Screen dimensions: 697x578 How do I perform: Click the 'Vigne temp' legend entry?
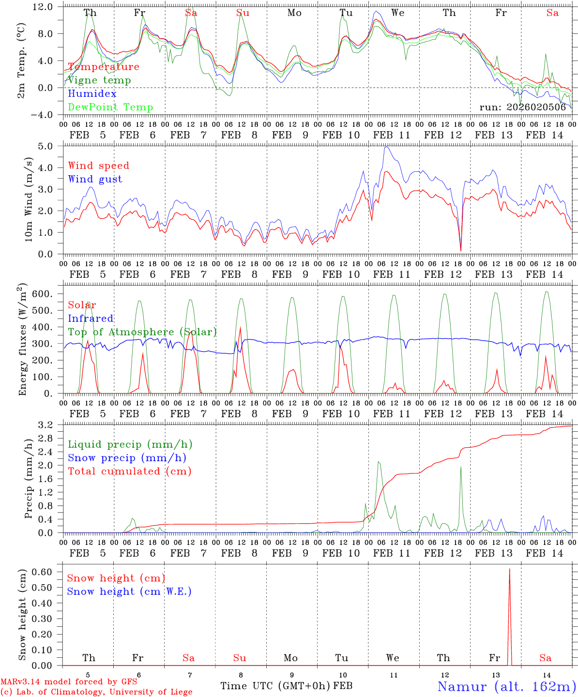pos(99,80)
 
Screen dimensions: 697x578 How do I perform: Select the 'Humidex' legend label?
pos(92,94)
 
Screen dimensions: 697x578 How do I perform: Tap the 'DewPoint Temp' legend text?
pos(110,107)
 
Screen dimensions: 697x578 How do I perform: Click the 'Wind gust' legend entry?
pos(95,179)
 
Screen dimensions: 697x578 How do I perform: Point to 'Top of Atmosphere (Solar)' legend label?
pos(142,332)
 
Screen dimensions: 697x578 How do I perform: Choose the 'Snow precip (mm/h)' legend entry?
pos(127,458)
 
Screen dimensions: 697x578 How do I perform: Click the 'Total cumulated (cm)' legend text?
pos(129,471)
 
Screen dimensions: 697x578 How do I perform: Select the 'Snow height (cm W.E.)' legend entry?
pos(129,591)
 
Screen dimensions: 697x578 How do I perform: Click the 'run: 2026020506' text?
pos(522,107)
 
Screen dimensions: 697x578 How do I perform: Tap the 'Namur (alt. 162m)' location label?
pos(506,686)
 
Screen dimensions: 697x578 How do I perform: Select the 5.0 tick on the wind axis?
pos(50,146)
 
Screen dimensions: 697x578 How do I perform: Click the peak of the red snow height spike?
pos(509,569)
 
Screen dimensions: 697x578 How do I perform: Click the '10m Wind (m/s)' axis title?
pos(29,199)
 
